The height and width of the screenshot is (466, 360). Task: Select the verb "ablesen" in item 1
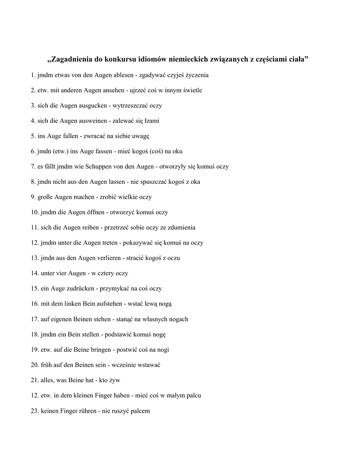coord(120,75)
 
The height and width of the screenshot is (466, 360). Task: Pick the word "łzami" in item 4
coord(152,121)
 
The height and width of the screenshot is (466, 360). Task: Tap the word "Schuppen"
coord(97,167)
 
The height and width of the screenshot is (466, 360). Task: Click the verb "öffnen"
coord(94,212)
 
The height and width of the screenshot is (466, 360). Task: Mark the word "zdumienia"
coord(181,228)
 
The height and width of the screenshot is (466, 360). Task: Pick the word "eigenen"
coord(60,319)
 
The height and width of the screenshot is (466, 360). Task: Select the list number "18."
coord(35,334)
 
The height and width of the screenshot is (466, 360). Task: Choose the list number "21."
coord(35,380)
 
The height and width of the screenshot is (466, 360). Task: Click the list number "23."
coord(35,411)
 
